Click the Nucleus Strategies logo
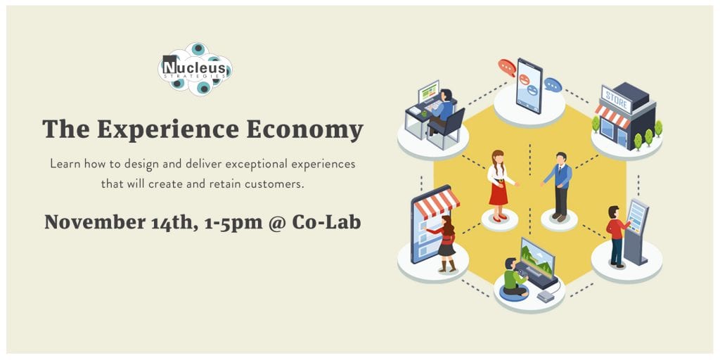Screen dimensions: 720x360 (x=195, y=69)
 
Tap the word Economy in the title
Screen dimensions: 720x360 (x=304, y=130)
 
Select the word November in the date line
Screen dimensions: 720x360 (x=95, y=222)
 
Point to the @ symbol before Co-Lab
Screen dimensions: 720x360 (x=277, y=223)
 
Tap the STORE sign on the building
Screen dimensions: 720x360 (x=616, y=99)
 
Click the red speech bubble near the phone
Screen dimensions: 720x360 (x=507, y=67)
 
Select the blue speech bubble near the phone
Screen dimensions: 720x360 (x=553, y=85)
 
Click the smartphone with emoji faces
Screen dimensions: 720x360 (x=529, y=86)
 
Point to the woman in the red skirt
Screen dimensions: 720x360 (x=499, y=184)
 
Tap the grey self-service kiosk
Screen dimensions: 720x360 (x=636, y=231)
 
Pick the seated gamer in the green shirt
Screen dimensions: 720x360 (x=513, y=277)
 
